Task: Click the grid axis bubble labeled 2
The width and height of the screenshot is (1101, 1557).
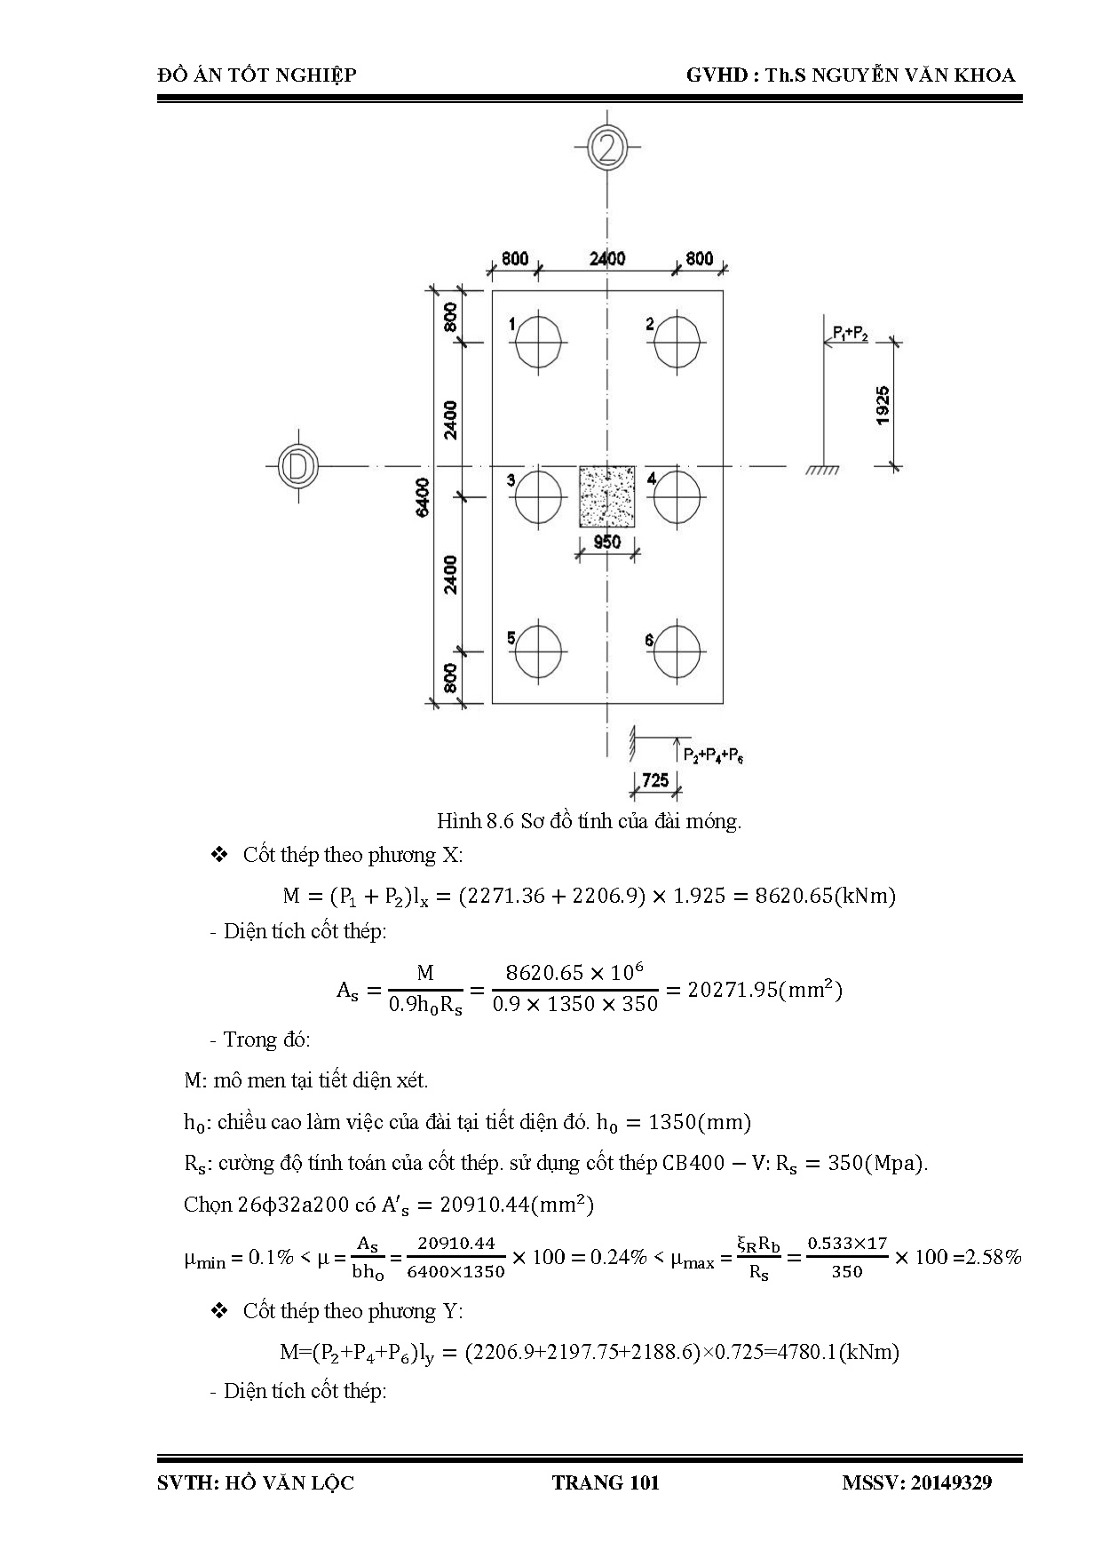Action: pos(607,147)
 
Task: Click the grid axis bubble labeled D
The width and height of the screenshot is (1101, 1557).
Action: pos(297,465)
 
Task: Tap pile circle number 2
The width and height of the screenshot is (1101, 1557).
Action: pos(677,343)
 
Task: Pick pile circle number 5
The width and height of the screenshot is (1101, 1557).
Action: pos(540,650)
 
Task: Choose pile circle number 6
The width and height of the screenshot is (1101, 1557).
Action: pos(677,650)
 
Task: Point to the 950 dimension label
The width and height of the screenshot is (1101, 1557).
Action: pos(607,541)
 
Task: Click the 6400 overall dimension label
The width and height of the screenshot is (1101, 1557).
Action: pos(423,496)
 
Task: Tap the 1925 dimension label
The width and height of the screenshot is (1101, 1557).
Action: pos(883,405)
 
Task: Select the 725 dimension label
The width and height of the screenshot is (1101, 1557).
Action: pos(655,780)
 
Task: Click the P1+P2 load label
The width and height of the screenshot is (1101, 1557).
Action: pos(850,333)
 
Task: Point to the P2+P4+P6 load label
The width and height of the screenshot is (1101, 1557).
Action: pos(713,755)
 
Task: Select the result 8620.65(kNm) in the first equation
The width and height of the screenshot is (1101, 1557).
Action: pos(825,896)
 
